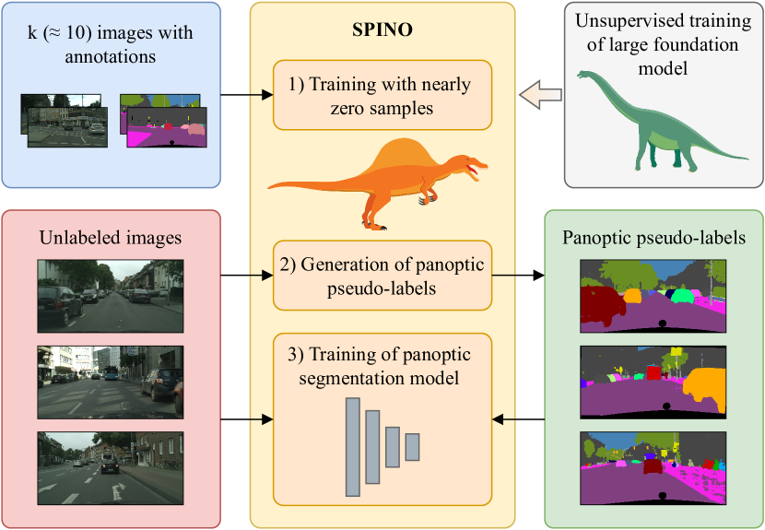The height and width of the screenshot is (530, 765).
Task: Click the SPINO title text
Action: coord(382,29)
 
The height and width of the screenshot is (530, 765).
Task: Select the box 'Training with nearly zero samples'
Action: coord(382,96)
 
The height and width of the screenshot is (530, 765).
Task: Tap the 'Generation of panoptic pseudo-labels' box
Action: coord(382,275)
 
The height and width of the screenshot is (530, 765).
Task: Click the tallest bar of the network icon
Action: coord(352,448)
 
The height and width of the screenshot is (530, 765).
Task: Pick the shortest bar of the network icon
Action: coord(412,447)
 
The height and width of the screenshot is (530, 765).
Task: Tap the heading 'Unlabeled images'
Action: coord(111,238)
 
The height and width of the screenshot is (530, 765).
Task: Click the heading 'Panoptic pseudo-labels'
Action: coord(653,238)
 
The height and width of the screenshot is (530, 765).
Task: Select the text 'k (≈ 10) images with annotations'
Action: coord(111,44)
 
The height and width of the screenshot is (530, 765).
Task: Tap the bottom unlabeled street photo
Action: coord(110,466)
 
